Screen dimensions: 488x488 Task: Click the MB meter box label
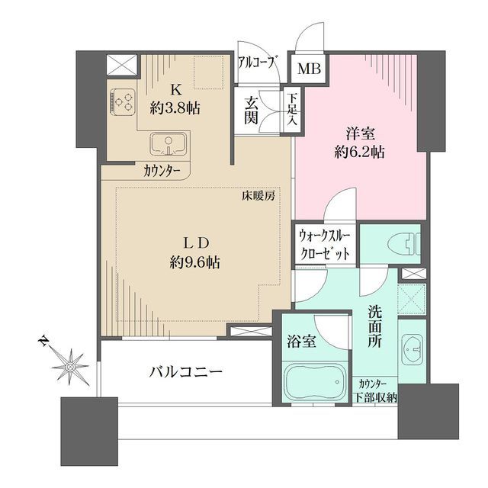(x=309, y=69)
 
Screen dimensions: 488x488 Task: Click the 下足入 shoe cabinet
(x=292, y=110)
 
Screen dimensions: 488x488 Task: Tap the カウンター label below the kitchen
(x=162, y=172)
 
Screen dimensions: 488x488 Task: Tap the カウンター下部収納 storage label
(x=375, y=391)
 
